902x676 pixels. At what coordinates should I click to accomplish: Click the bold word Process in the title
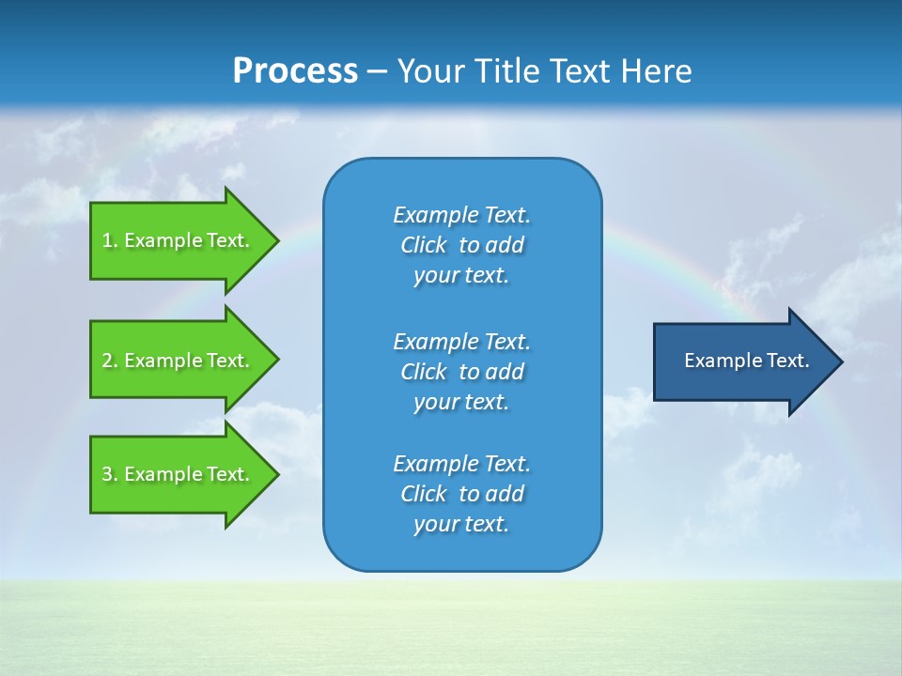tap(295, 71)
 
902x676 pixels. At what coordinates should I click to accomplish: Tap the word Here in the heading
tap(657, 71)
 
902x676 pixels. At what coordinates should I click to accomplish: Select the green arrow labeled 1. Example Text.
tap(179, 240)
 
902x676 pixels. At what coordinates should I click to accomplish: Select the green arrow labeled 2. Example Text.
tap(179, 361)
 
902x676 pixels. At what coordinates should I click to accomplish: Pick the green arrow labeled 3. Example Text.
tap(179, 474)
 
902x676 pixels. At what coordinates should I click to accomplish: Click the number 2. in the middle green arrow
tap(110, 361)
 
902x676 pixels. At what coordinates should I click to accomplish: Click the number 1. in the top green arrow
tap(110, 240)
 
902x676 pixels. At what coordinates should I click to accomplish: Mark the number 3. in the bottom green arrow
tap(110, 474)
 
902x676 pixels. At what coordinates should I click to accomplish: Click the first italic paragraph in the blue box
tap(461, 245)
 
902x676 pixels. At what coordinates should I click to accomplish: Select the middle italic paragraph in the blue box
tap(461, 372)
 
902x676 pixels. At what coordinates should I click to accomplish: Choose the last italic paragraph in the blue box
tap(461, 494)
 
